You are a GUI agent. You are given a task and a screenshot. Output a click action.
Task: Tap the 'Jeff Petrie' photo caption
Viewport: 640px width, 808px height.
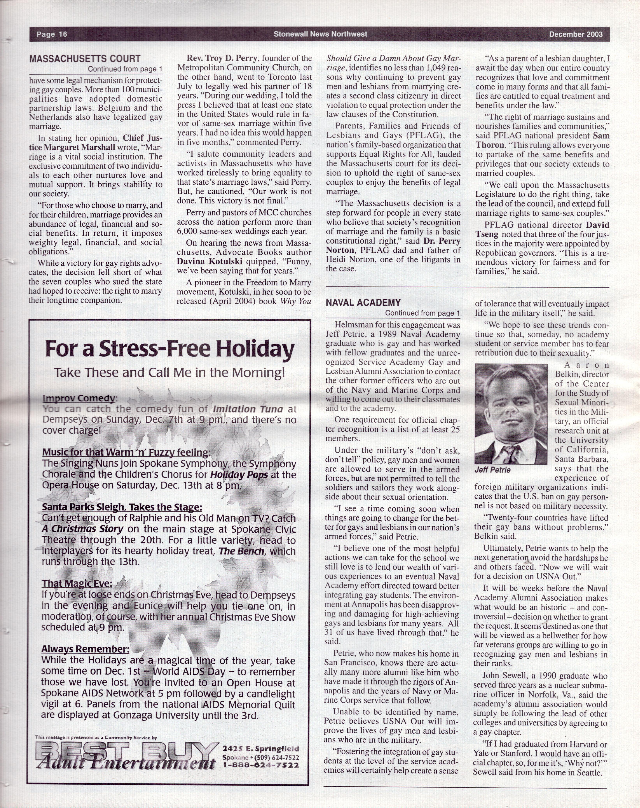coord(492,470)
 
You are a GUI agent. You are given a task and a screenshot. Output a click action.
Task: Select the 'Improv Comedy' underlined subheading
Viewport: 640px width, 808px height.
coord(79,398)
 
